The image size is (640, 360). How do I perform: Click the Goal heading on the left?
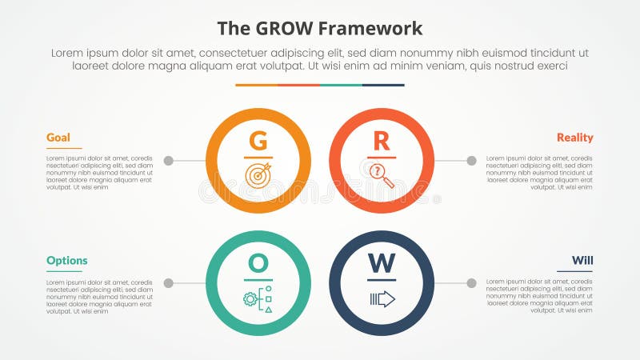(x=58, y=138)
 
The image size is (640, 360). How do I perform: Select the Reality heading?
(x=575, y=138)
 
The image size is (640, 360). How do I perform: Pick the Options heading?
(x=67, y=261)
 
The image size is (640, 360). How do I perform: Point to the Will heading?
(x=582, y=261)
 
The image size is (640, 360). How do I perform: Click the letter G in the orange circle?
(x=258, y=142)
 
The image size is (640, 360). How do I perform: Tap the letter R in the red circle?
(x=382, y=142)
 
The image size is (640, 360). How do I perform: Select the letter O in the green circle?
(x=258, y=264)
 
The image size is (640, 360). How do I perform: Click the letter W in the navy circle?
(x=382, y=264)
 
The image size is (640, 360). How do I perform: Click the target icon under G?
(x=258, y=176)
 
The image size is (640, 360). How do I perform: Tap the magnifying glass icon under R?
(x=382, y=175)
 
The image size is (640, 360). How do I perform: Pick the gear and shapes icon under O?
(x=258, y=298)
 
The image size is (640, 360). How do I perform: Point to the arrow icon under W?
(x=382, y=298)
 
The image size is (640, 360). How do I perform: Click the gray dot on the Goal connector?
(x=168, y=161)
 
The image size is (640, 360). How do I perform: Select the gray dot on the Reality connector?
(x=472, y=161)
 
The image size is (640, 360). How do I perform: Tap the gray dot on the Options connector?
(x=168, y=283)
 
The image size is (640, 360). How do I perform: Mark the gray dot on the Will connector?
(x=472, y=283)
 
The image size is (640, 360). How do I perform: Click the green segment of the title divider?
(x=341, y=85)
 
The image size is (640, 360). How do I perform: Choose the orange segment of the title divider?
(x=256, y=85)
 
